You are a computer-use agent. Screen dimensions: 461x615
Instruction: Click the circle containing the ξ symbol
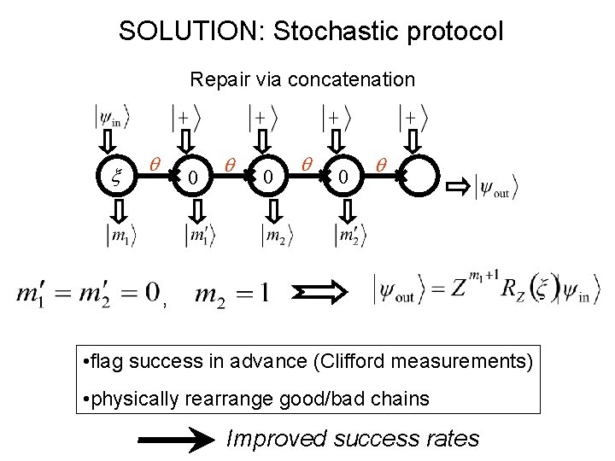point(117,178)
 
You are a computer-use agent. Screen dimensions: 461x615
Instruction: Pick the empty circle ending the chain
point(419,178)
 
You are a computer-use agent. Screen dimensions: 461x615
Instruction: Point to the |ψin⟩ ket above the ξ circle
point(112,116)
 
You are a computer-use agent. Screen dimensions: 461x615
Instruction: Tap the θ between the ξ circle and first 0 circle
point(154,163)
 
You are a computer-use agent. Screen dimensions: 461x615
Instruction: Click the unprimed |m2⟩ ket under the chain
point(274,235)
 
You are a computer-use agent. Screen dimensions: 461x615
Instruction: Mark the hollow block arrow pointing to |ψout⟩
point(459,185)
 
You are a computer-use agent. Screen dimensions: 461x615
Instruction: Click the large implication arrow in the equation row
point(325,293)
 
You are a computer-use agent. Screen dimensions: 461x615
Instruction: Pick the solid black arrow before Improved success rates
point(177,440)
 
